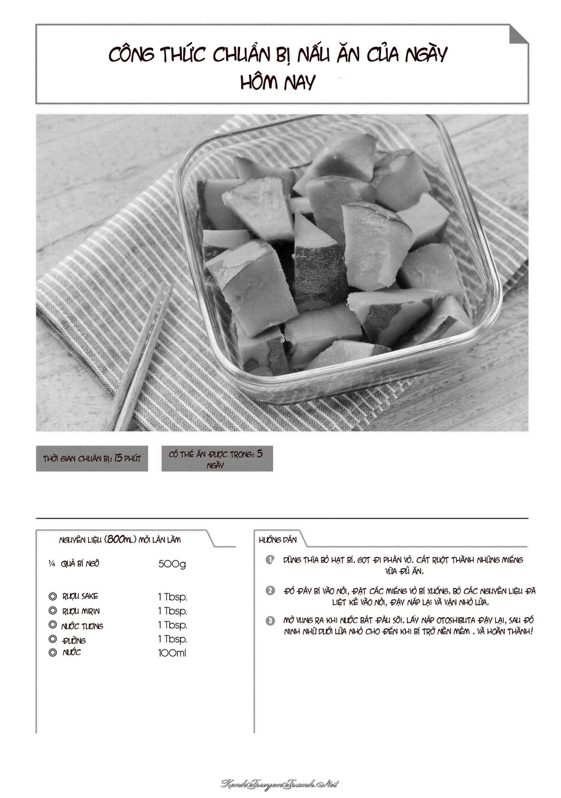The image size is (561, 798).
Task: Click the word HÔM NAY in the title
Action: tap(278, 83)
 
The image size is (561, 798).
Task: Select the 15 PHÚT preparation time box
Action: tap(92, 458)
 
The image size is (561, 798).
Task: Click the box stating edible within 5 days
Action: tap(217, 459)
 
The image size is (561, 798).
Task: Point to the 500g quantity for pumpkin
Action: tap(172, 564)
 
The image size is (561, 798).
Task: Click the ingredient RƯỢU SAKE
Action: tap(80, 596)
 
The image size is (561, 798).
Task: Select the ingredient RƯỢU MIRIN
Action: tap(81, 611)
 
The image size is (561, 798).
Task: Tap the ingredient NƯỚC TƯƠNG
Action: tap(82, 626)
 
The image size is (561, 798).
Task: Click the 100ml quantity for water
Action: tap(172, 653)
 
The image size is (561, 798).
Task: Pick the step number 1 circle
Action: tap(270, 560)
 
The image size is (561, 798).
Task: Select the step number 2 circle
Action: tap(270, 591)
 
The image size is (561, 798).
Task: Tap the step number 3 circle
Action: tap(270, 621)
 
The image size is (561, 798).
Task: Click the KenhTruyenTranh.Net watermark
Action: tap(280, 784)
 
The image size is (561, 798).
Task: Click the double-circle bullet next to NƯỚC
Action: tap(52, 653)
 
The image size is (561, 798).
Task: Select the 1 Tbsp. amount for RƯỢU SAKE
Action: tap(173, 597)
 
